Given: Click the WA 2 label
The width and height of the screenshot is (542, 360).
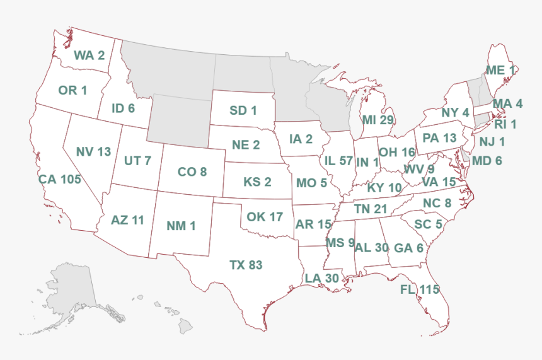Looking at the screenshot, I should [x=89, y=55].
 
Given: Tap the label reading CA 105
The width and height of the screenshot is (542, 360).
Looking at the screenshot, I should [x=60, y=179].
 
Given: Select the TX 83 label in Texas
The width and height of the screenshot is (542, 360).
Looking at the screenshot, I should [x=246, y=265].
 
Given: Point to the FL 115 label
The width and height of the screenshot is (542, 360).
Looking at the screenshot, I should [x=419, y=289].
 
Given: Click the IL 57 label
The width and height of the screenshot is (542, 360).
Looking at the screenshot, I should [x=338, y=161].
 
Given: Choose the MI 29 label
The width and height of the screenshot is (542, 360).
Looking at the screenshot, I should [x=378, y=120].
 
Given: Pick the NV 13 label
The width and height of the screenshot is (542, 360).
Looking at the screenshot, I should [x=93, y=151].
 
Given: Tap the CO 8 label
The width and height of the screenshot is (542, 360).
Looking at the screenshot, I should [x=192, y=171].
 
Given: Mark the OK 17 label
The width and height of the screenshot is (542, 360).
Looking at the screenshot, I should [x=265, y=216].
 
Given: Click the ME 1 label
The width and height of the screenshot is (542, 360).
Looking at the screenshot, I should [x=500, y=70].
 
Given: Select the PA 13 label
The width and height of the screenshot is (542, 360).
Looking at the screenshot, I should [x=439, y=137].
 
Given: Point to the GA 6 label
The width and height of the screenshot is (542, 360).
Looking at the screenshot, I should [x=409, y=248].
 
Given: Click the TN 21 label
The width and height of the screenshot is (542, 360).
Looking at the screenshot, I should [x=371, y=209].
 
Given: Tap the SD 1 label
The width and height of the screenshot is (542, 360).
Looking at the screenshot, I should [x=243, y=111].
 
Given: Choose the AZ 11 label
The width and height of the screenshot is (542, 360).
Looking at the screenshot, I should [x=127, y=220].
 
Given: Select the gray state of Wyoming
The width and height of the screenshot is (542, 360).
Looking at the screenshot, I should [x=180, y=120].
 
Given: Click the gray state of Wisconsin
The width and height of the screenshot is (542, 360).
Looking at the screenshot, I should [x=328, y=101].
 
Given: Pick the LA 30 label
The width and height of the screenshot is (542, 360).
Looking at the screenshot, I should [x=322, y=277].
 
